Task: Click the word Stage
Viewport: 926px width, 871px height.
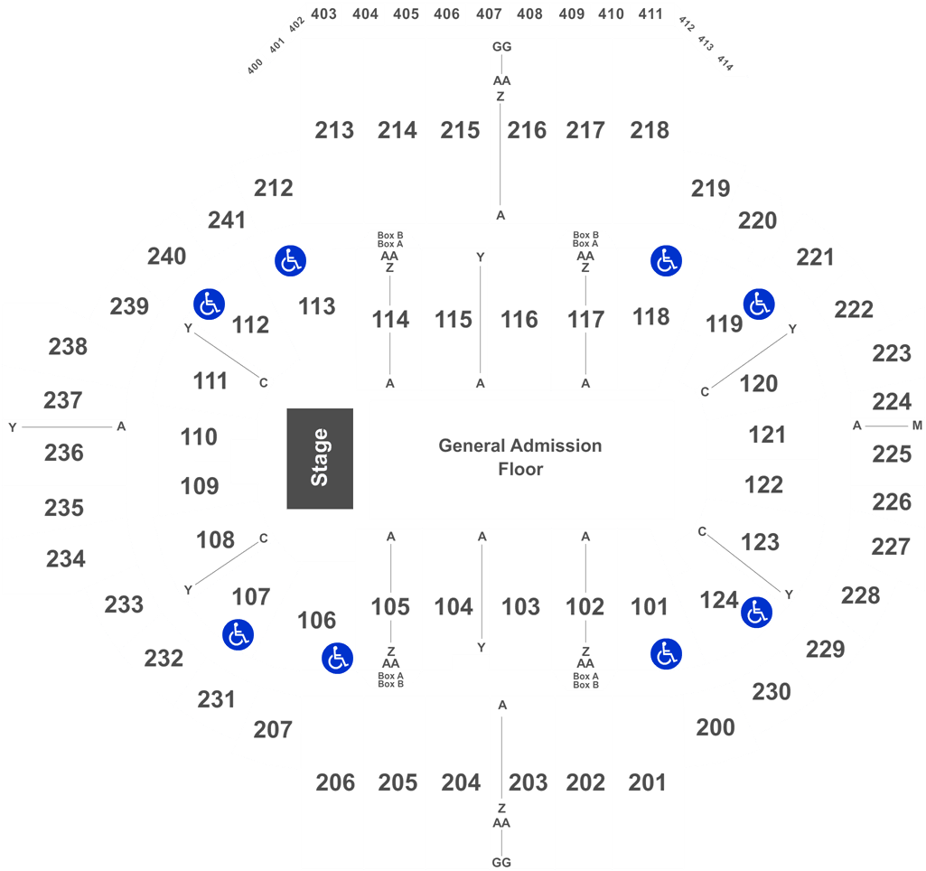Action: pos(320,458)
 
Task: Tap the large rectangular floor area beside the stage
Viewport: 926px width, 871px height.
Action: pos(522,460)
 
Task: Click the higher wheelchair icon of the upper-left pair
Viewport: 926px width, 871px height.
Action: pos(290,261)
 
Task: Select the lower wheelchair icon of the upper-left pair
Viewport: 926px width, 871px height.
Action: pos(209,304)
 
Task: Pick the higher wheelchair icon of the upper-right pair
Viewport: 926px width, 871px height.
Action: pos(666,261)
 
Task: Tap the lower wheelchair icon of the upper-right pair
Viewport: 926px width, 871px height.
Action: pos(759,304)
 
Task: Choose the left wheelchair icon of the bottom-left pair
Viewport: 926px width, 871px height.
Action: pos(238,633)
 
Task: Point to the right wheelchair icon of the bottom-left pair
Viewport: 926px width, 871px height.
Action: pos(337,658)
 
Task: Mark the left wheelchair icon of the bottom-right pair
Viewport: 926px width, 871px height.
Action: pos(666,652)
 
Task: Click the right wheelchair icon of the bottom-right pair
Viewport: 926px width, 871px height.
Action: pos(756,613)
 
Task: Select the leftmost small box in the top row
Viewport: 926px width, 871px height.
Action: pos(324,14)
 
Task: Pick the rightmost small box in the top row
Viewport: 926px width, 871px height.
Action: pos(651,14)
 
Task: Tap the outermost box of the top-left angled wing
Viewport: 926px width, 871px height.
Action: pos(254,68)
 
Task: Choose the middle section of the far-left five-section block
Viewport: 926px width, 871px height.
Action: pos(63,452)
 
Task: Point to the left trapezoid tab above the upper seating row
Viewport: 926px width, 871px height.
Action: pos(389,239)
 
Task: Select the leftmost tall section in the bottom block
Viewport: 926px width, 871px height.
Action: pos(332,782)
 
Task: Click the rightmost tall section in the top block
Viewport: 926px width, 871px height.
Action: pos(647,129)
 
